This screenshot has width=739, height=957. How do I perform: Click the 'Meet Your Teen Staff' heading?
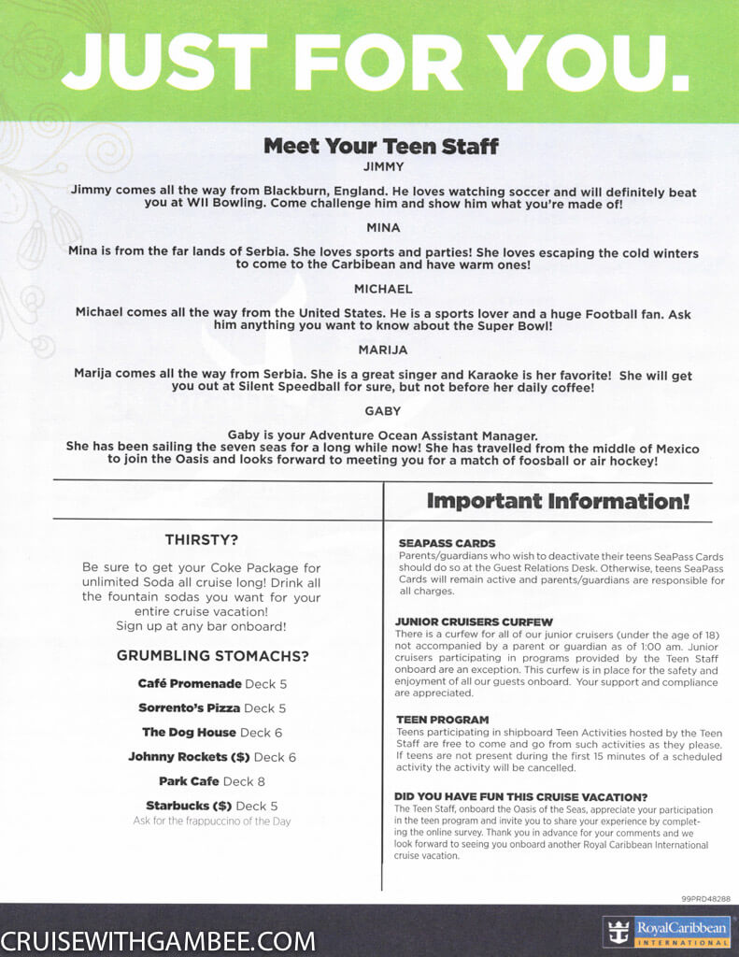pyautogui.click(x=380, y=146)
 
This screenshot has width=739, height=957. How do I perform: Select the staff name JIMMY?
pyautogui.click(x=382, y=167)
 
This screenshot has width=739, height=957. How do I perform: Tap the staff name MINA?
pyautogui.click(x=383, y=228)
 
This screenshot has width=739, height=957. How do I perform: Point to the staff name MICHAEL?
pyautogui.click(x=383, y=289)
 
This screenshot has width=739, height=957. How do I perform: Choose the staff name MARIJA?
pyautogui.click(x=383, y=350)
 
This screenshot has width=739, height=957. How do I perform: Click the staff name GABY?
pyautogui.click(x=383, y=410)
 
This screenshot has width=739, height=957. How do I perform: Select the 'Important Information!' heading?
pyautogui.click(x=558, y=501)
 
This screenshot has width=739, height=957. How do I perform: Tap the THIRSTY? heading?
pyautogui.click(x=201, y=539)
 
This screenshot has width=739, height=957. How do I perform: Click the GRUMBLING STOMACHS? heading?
pyautogui.click(x=212, y=656)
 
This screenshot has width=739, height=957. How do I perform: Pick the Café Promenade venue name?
pyautogui.click(x=190, y=683)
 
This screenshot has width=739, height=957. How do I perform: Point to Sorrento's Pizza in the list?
pyautogui.click(x=189, y=707)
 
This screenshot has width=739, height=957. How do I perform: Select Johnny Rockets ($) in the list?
pyautogui.click(x=190, y=756)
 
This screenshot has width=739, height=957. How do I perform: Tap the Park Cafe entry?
pyautogui.click(x=189, y=780)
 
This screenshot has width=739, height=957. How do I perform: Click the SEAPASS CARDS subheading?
pyautogui.click(x=447, y=543)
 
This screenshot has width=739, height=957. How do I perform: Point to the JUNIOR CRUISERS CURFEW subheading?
pyautogui.click(x=474, y=621)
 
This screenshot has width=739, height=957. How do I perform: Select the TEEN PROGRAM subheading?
pyautogui.click(x=442, y=719)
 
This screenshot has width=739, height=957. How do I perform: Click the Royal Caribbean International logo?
pyautogui.click(x=669, y=931)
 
